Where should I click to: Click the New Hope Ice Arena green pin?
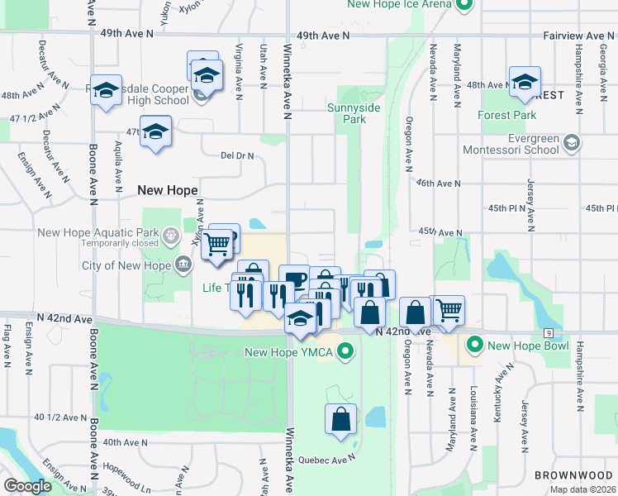[463, 4]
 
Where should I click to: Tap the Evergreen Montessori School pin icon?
[571, 144]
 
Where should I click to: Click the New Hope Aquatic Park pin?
[171, 236]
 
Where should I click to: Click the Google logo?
[27, 485]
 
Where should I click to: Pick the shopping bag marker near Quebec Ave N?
[340, 421]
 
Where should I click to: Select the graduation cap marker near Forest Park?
[525, 83]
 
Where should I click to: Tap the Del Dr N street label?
[236, 155]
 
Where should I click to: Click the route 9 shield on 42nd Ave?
[549, 332]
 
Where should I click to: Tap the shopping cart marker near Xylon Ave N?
[216, 246]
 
